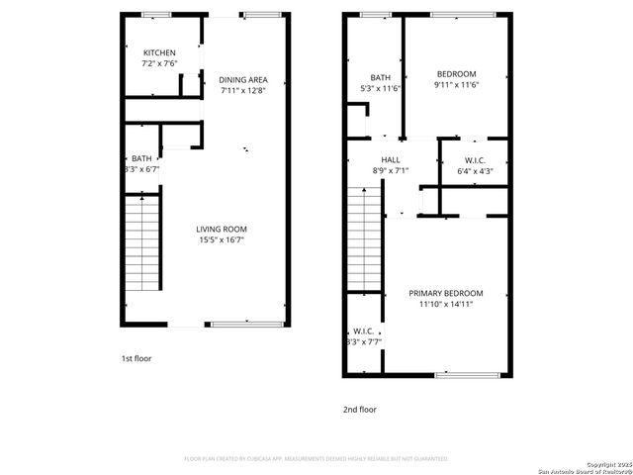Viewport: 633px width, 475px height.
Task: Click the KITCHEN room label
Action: click(x=159, y=53)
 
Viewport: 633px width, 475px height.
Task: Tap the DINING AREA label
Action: click(x=243, y=80)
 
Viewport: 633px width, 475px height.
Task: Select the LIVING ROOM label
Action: click(x=221, y=229)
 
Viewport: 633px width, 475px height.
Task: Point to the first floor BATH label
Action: click(x=141, y=158)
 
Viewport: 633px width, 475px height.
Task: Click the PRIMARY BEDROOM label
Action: click(x=446, y=293)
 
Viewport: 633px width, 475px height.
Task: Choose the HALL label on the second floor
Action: click(x=391, y=159)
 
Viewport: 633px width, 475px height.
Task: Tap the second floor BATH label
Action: click(x=381, y=78)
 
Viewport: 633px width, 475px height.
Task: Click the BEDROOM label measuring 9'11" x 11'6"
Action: click(x=455, y=74)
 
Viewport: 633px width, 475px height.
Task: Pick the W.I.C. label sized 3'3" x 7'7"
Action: click(x=363, y=332)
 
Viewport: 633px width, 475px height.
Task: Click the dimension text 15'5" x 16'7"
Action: click(x=221, y=239)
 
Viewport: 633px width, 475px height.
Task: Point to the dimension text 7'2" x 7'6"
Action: click(x=159, y=64)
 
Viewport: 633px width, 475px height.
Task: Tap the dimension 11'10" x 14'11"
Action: click(x=446, y=304)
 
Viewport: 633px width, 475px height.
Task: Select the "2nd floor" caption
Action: click(x=360, y=409)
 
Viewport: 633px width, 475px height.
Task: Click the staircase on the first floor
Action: click(x=142, y=242)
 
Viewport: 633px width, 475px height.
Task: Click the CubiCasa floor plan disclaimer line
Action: click(x=316, y=459)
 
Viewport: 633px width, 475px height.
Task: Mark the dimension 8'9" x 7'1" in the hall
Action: click(x=391, y=170)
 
